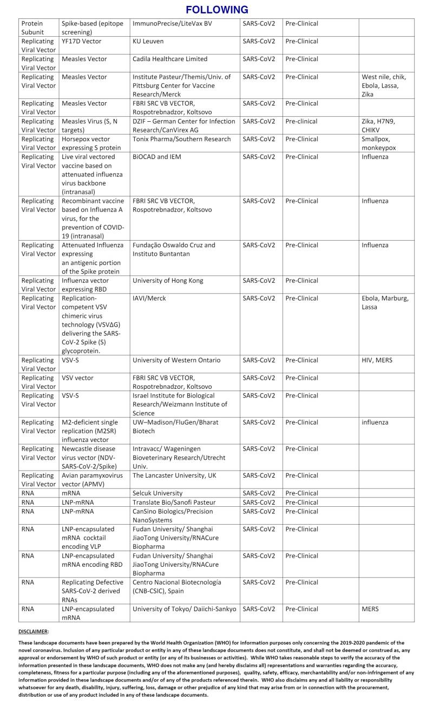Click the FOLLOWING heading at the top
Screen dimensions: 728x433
pos(216,10)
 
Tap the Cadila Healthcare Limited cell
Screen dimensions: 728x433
pos(170,59)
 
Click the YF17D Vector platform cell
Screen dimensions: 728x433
pos(81,41)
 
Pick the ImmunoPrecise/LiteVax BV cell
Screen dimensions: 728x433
pos(172,23)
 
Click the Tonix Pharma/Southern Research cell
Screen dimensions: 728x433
pos(181,139)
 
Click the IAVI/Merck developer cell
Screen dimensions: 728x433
pos(149,299)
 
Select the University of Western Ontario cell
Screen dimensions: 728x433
pos(176,360)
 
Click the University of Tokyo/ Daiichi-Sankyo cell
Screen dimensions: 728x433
pos(185,609)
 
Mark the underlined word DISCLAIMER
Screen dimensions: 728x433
pos(34,631)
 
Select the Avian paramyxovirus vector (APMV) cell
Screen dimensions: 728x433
pos(92,480)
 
